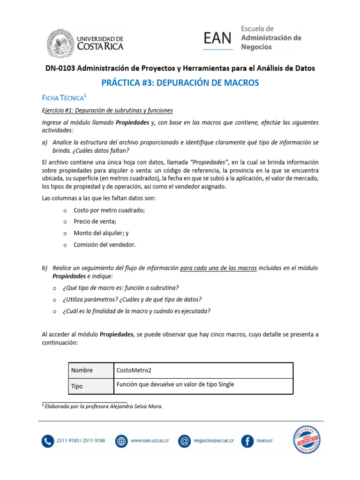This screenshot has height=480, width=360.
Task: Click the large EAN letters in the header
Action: pyautogui.click(x=218, y=38)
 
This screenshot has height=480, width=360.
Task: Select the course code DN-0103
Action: pyautogui.click(x=60, y=68)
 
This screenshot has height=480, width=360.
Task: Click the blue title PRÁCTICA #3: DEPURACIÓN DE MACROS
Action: pyautogui.click(x=180, y=83)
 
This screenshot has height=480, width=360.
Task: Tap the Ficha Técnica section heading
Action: pyautogui.click(x=63, y=98)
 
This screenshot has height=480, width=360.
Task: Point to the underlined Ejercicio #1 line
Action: pyautogui.click(x=107, y=111)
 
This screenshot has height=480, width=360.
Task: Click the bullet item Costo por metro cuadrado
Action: pyautogui.click(x=109, y=210)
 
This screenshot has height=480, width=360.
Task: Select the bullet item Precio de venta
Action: pyautogui.click(x=95, y=222)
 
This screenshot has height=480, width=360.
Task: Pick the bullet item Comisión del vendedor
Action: pyautogui.click(x=105, y=245)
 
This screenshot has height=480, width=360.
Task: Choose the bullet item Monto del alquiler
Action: pyautogui.click(x=101, y=233)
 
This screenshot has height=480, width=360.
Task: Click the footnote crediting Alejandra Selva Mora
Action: pyautogui.click(x=102, y=406)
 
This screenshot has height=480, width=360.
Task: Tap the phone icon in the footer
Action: pyautogui.click(x=48, y=441)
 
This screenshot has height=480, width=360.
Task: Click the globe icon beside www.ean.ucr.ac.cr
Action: pyautogui.click(x=121, y=441)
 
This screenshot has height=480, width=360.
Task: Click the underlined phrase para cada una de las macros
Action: pyautogui.click(x=218, y=268)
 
